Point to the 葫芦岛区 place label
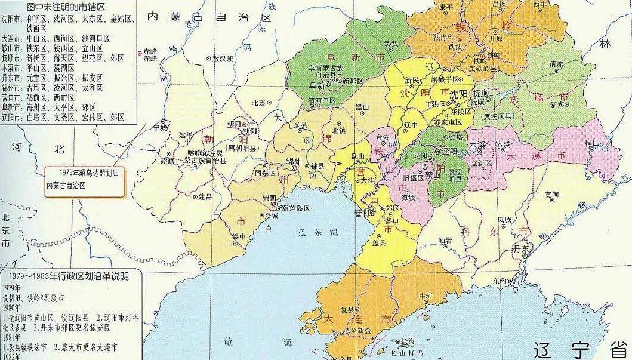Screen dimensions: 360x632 (x=296, y=208)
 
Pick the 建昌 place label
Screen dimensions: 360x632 (x=206, y=196)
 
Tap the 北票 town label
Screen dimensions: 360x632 (x=258, y=102)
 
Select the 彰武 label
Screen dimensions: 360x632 (x=391, y=44)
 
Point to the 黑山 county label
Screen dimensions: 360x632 (x=362, y=107)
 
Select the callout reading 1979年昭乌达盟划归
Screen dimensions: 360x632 (x=85, y=172)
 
